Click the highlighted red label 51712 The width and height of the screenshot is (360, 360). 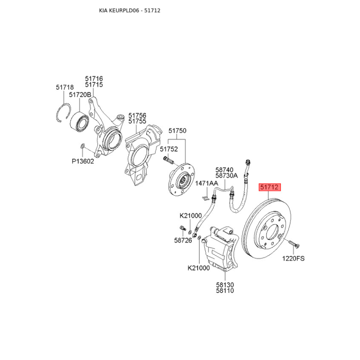pos(270,187)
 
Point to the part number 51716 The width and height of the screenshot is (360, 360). pos(94,79)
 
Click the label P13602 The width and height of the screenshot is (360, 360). pos(83,161)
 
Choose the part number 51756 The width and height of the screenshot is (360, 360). pos(137,115)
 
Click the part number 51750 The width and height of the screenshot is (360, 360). pos(177,130)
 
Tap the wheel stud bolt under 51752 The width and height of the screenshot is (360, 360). pos(168,160)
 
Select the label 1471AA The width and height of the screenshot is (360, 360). pos(207,183)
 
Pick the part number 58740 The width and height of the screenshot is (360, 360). pos(224,170)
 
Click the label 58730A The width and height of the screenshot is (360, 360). pos(226,175)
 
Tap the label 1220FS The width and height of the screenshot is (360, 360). pos(293,258)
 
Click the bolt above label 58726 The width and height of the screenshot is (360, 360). pos(183,229)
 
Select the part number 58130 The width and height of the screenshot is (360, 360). pos(225,285)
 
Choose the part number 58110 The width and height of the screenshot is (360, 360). pos(225,291)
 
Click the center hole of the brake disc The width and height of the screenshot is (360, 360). pos(273,231)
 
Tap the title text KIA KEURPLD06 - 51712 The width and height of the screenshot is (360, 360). pos(130,10)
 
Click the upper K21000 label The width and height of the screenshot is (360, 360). pos(190,216)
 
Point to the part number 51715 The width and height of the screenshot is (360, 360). pos(94,85)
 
